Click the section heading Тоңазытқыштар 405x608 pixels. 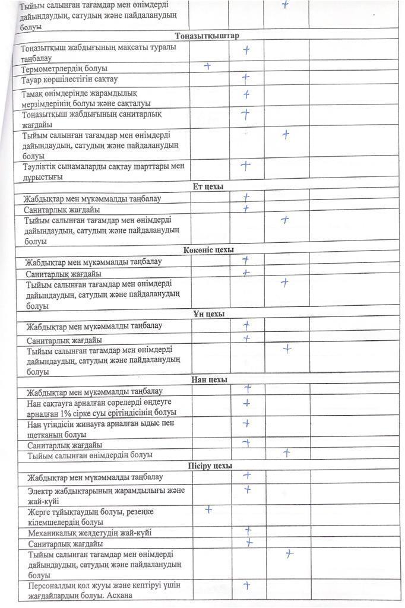click(x=207, y=36)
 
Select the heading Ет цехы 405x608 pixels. click(x=208, y=186)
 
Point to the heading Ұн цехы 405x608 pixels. click(x=208, y=313)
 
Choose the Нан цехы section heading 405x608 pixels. click(x=209, y=379)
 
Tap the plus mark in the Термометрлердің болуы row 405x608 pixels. click(x=208, y=66)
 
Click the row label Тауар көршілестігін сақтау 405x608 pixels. click(x=69, y=80)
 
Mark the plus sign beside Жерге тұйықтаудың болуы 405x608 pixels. click(x=208, y=509)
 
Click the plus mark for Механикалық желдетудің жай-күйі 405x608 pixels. click(x=248, y=530)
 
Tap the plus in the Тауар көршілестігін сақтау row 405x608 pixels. click(x=246, y=78)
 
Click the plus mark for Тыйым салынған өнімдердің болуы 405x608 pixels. click(x=286, y=452)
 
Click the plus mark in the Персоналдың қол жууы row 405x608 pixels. click(x=246, y=585)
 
